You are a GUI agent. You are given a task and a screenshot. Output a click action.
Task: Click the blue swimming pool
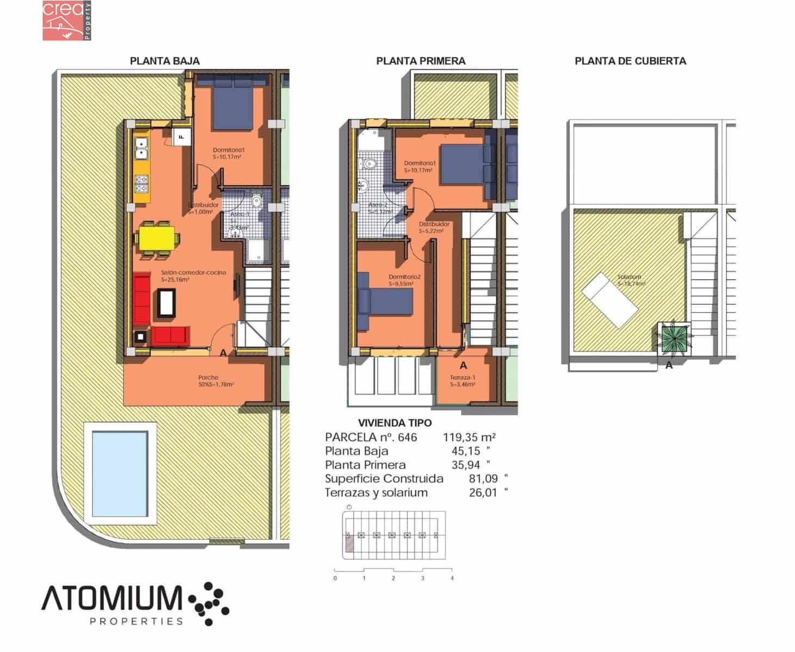point(120,473)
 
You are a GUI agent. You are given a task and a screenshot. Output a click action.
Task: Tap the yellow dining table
point(157,237)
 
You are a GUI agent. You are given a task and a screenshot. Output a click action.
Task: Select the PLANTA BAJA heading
point(165,61)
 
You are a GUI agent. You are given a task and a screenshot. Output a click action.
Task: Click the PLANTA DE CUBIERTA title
point(630,61)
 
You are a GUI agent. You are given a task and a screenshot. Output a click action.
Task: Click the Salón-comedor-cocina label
point(193,273)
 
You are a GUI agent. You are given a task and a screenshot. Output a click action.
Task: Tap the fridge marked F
point(181,136)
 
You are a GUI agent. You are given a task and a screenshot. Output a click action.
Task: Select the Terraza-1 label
point(462,378)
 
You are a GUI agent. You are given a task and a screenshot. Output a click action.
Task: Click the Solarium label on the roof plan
point(629,277)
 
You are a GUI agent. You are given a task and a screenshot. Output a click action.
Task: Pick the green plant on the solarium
point(674,338)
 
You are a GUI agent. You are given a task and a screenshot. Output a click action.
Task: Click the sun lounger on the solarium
point(610,300)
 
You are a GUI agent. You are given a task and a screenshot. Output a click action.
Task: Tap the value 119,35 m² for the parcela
point(469,437)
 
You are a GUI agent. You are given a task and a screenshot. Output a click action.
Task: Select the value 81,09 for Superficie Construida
point(483,479)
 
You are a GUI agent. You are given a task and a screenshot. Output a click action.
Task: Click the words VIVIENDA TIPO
point(395,423)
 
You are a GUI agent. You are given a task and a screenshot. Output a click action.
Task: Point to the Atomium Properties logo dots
point(209,603)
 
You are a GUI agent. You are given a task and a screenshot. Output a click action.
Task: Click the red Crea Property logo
point(67,21)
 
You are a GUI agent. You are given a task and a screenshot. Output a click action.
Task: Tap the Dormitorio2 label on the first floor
point(405,277)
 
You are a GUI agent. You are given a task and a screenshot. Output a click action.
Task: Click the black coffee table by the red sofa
point(166,303)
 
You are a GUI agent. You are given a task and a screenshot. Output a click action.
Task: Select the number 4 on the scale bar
point(452,578)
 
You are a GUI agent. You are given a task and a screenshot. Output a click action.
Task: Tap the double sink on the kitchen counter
point(142,147)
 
